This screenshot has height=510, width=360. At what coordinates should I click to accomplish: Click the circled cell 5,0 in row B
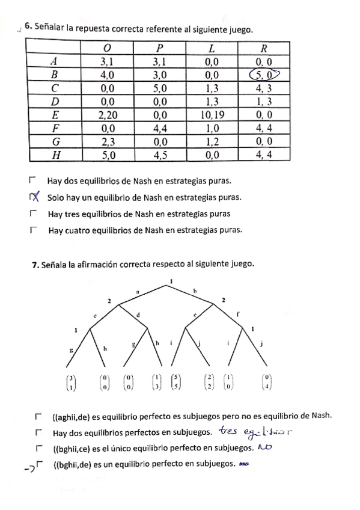[x=264, y=75]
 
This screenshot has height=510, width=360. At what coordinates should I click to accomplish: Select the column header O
[x=107, y=48]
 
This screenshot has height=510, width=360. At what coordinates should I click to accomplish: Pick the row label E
[x=54, y=114]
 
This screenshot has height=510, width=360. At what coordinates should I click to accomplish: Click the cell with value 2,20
[x=108, y=114]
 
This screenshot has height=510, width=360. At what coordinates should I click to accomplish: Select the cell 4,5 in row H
[x=160, y=155]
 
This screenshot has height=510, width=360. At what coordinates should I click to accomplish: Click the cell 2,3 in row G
[x=108, y=141]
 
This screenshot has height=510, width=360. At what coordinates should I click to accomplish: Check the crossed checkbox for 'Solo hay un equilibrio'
[x=34, y=197]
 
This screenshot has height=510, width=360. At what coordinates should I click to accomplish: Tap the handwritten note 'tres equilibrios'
[x=255, y=431]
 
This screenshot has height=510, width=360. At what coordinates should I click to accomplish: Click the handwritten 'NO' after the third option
[x=265, y=447]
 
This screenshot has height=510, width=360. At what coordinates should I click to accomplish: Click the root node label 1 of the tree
[x=171, y=281]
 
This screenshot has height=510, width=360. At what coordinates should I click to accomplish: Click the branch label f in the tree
[x=238, y=313]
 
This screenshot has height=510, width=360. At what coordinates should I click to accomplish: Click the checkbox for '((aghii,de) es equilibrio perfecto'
[x=38, y=415]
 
